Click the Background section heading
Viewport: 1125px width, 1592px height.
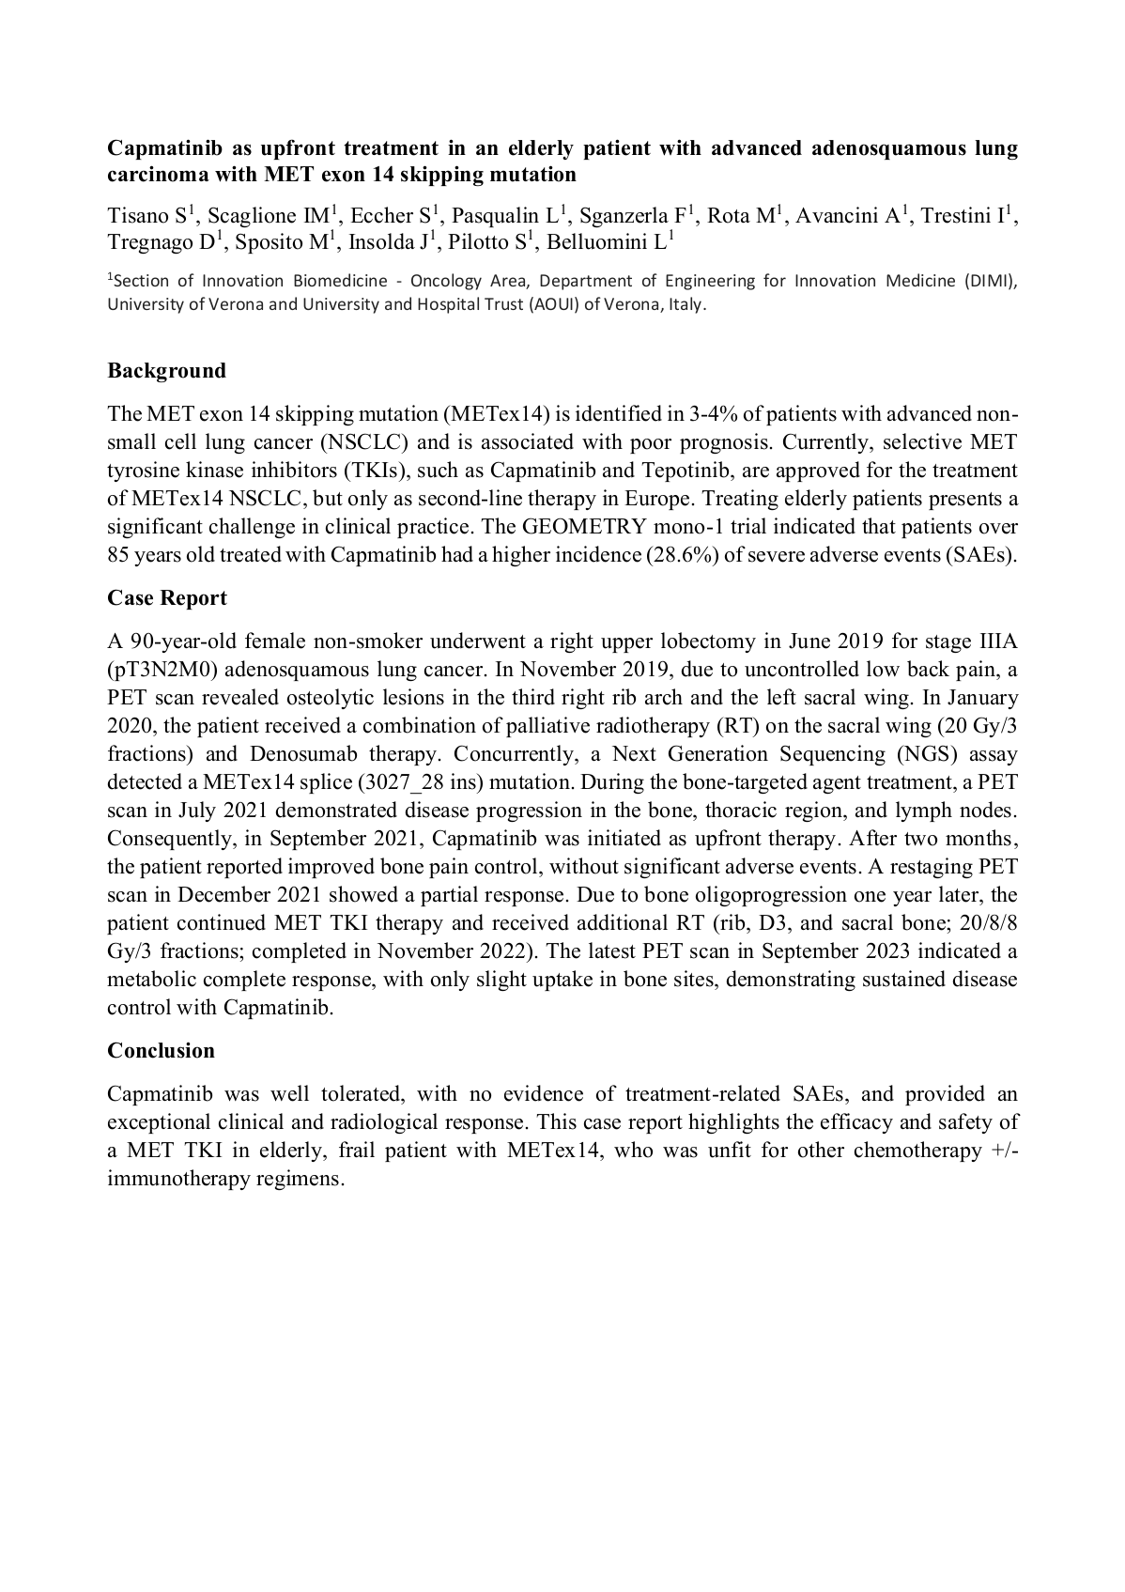coord(166,371)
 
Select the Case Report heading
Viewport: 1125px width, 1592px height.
coord(167,598)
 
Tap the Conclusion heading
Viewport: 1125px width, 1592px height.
coord(161,1050)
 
